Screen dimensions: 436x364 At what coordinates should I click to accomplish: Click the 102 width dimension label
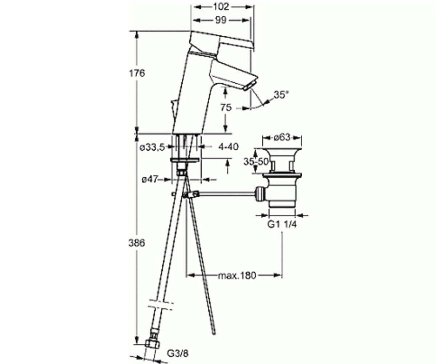(x=221, y=7)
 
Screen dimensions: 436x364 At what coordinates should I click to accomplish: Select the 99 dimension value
(x=221, y=20)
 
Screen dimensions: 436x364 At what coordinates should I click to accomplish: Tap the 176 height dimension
(x=137, y=73)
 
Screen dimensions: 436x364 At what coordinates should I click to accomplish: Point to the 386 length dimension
(x=137, y=243)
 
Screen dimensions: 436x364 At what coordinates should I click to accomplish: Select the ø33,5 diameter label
(x=152, y=148)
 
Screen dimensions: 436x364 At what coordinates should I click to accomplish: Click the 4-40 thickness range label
(x=228, y=147)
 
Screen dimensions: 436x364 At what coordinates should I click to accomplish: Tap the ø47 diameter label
(x=150, y=179)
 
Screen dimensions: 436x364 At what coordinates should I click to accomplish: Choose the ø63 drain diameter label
(x=282, y=138)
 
